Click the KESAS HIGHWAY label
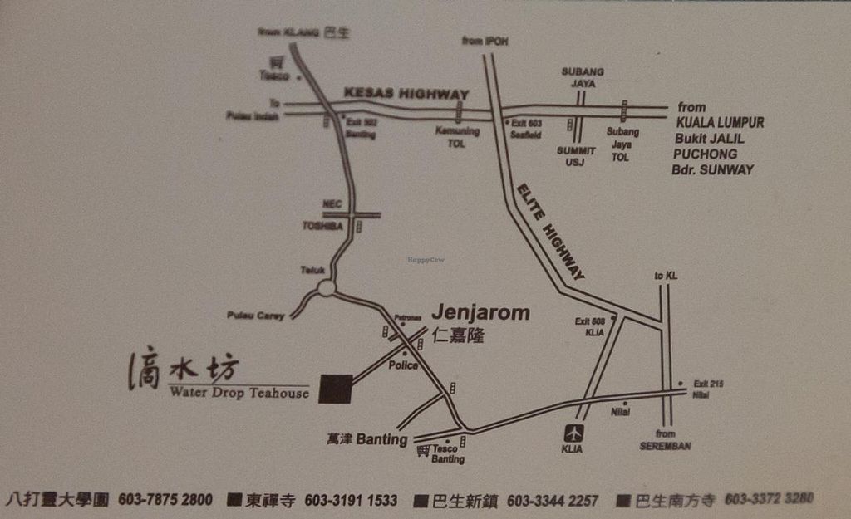[x=406, y=94]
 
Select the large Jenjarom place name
[x=480, y=313]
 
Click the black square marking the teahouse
[x=336, y=388]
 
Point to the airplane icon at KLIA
[x=573, y=433]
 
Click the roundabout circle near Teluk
[x=326, y=288]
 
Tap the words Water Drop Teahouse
[x=239, y=393]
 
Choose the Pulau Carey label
[x=255, y=316]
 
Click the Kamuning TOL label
[x=457, y=137]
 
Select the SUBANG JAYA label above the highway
[x=583, y=77]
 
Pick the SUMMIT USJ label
[x=576, y=156]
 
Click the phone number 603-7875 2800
[x=165, y=500]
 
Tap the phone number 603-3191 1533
[x=351, y=501]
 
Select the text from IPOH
[x=485, y=41]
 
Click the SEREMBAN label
[x=665, y=446]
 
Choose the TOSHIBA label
[x=322, y=225]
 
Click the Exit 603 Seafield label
[x=526, y=128]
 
